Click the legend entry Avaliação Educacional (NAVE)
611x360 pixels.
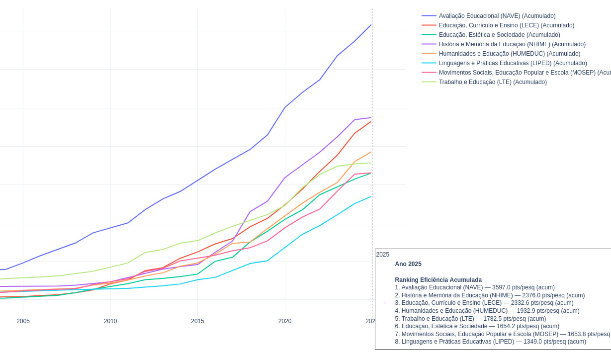(x=497, y=16)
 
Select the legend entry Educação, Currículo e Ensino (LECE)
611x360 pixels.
(x=506, y=25)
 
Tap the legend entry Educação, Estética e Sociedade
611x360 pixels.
(x=499, y=35)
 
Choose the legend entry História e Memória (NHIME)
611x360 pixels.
(x=512, y=44)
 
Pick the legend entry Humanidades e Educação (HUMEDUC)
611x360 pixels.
(x=509, y=54)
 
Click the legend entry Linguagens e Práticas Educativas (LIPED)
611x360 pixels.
(x=513, y=63)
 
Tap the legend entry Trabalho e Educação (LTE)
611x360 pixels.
(x=492, y=82)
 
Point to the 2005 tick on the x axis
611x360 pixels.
(x=23, y=321)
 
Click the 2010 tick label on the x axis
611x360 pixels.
(x=110, y=321)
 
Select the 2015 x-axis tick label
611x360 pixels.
(x=197, y=321)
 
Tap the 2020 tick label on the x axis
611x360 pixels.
(x=285, y=321)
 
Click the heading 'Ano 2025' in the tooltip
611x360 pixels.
(x=408, y=264)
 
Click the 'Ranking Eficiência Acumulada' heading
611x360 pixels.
(x=438, y=280)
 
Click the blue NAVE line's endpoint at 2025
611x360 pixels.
(x=371, y=24)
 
